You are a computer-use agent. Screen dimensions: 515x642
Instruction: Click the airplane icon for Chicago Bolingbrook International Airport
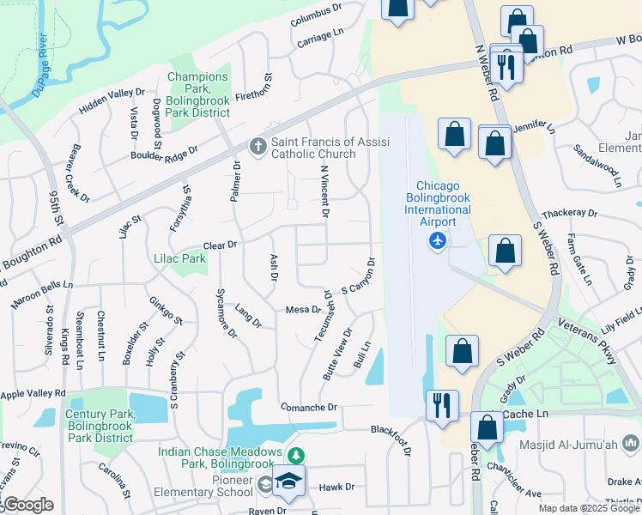click(x=438, y=241)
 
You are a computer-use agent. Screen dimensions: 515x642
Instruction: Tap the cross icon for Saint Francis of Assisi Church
click(x=257, y=147)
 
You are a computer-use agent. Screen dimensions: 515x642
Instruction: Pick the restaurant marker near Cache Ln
click(x=442, y=405)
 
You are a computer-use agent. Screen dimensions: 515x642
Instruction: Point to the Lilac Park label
click(x=179, y=258)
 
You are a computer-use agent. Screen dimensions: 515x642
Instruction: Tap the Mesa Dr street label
click(x=303, y=309)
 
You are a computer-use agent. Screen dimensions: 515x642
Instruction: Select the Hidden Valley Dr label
click(x=112, y=100)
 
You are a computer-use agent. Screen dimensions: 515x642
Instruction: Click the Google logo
click(x=29, y=504)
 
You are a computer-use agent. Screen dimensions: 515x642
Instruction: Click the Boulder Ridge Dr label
click(x=164, y=152)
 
